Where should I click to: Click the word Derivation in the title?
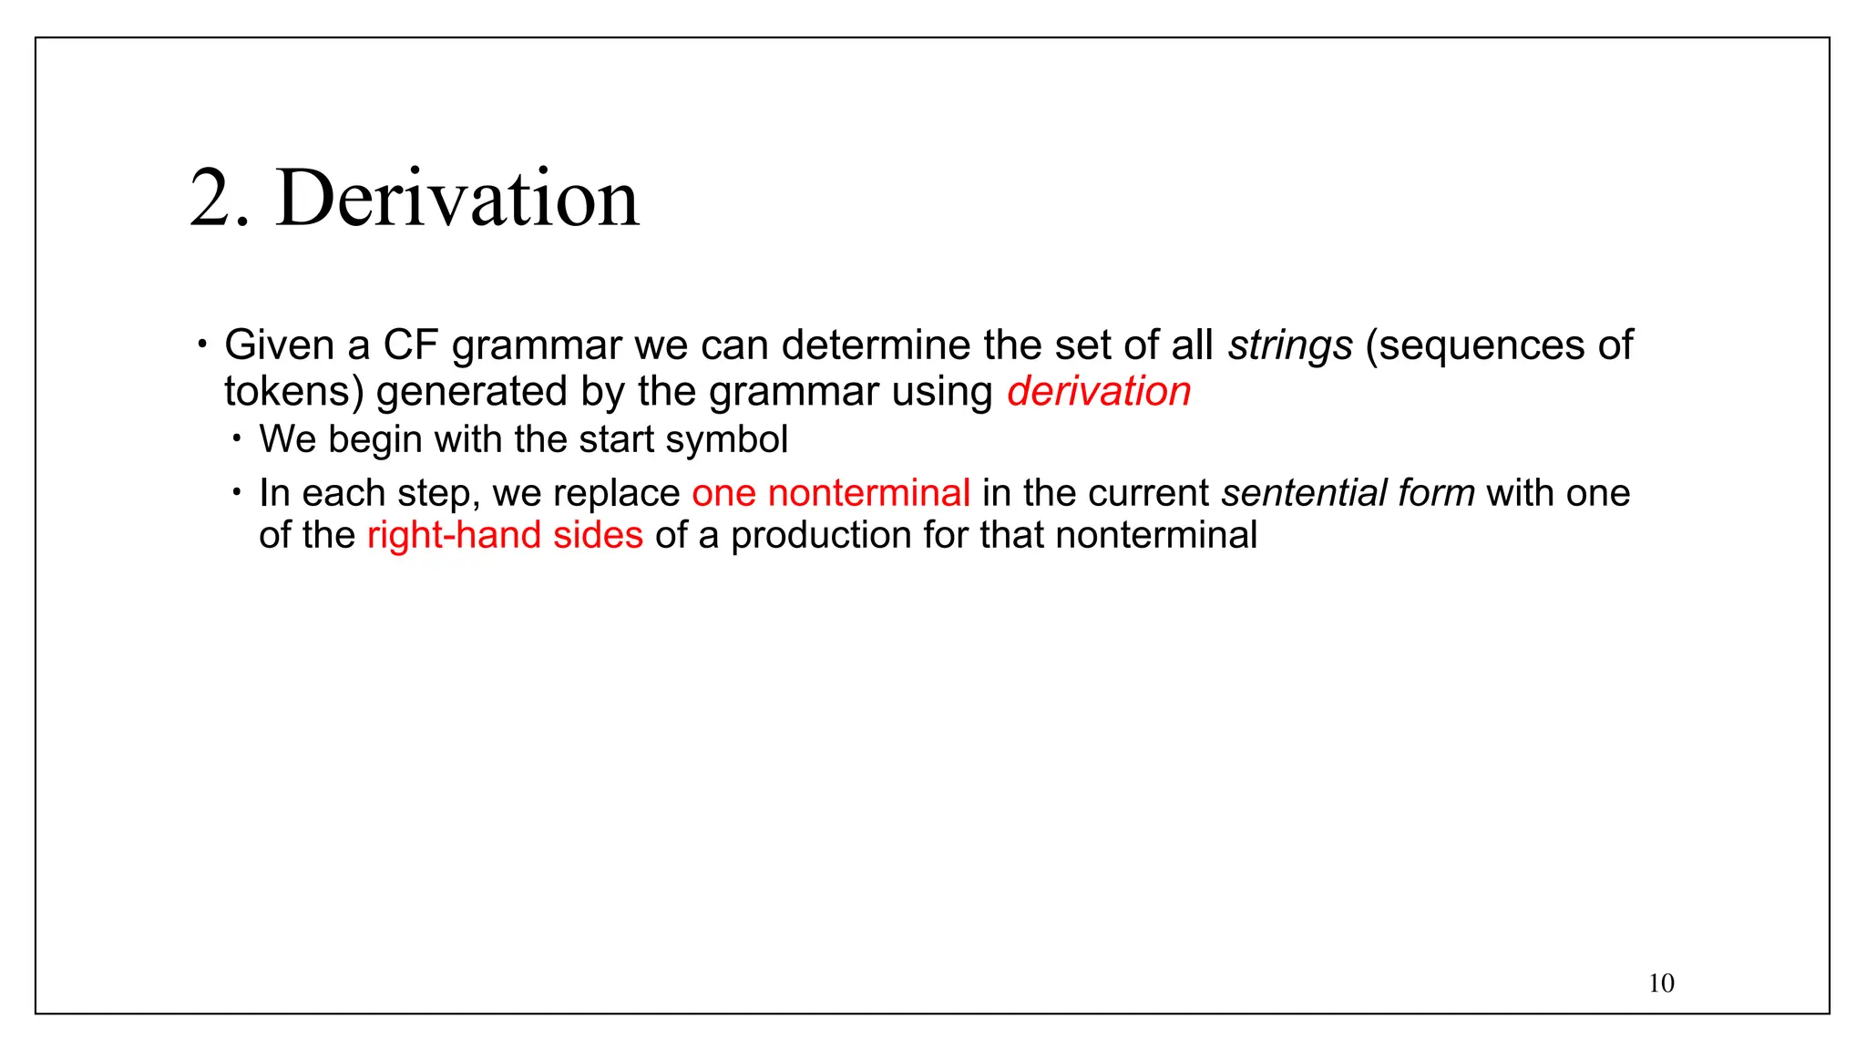pos(457,199)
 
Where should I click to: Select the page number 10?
pos(1661,983)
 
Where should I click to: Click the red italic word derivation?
pos(1099,391)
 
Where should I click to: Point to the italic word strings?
pos(1290,345)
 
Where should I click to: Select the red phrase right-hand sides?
pos(505,535)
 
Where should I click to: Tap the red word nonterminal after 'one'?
pos(869,493)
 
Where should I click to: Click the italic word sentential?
pos(1304,493)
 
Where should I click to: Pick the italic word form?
pos(1436,493)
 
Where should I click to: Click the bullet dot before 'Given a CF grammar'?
pos(202,345)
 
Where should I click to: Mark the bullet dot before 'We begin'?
pos(237,439)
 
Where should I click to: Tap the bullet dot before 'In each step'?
pos(237,493)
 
